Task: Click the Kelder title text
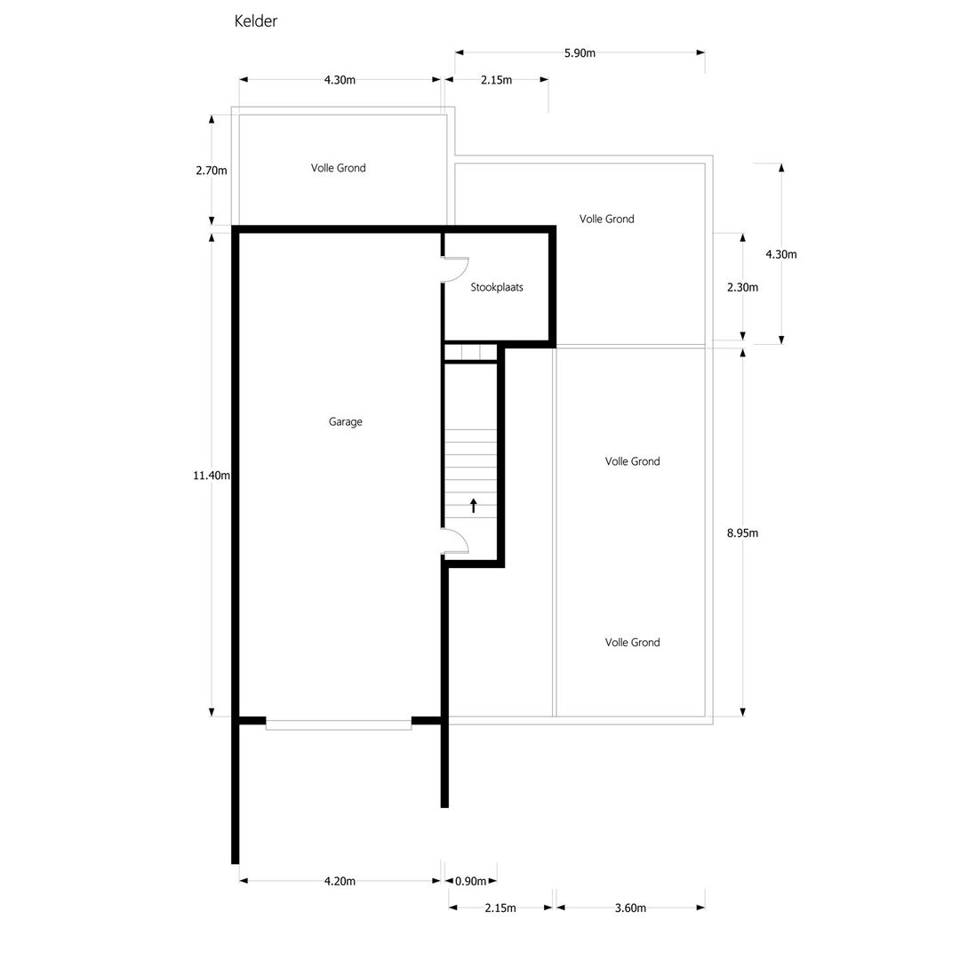[256, 20]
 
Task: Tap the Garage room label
[345, 422]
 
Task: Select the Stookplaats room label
[497, 287]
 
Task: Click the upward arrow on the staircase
[473, 506]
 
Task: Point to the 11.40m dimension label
[212, 475]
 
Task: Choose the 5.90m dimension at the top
[580, 53]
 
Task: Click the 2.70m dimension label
[212, 171]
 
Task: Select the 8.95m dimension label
[742, 533]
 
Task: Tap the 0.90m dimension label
[470, 881]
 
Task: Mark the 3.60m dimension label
[630, 908]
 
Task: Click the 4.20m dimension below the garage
[340, 881]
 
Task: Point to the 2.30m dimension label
[742, 287]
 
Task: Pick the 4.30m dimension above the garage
[340, 80]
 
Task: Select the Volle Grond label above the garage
[338, 168]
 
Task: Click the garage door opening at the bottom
[339, 725]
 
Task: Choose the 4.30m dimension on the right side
[781, 254]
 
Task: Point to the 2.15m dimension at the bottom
[500, 908]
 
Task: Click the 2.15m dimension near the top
[496, 80]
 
